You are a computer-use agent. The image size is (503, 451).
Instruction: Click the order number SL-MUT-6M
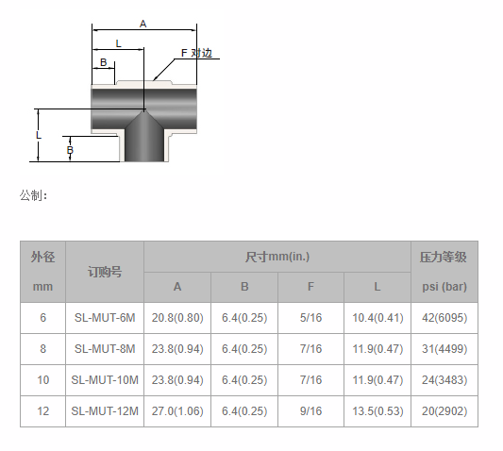click(105, 318)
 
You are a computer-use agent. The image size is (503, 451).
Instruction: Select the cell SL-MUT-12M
click(105, 411)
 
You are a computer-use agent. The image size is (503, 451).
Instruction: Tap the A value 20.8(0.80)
click(177, 318)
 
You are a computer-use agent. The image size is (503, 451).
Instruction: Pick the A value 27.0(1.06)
click(177, 411)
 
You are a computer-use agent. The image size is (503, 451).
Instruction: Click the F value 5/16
click(310, 318)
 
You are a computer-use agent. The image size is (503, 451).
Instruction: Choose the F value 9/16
click(310, 411)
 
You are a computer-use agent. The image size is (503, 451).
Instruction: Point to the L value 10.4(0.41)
click(377, 318)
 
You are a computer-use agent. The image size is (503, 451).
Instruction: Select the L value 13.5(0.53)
click(377, 411)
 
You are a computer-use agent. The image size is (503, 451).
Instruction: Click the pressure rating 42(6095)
click(444, 318)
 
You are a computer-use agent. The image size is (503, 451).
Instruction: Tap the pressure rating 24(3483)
click(444, 380)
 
